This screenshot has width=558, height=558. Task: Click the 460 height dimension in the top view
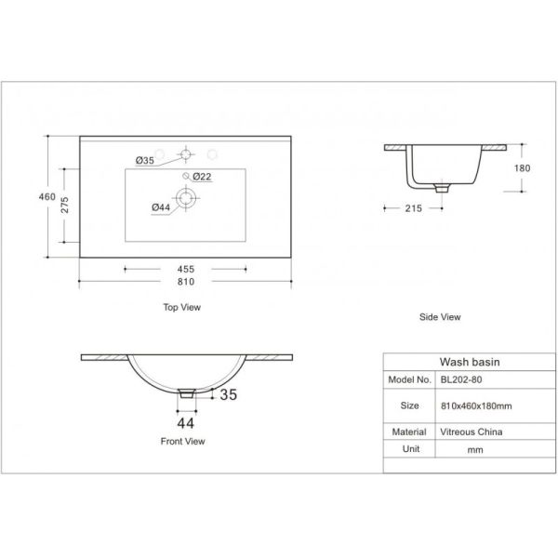point(47,197)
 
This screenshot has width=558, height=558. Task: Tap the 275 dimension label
point(64,205)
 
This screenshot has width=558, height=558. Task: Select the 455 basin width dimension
point(186,269)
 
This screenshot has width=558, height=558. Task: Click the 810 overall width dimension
point(186,282)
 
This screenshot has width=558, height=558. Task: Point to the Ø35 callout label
point(145,161)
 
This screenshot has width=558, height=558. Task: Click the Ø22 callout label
point(202,177)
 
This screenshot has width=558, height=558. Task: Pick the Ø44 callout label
point(161,207)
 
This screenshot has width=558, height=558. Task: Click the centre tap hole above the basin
point(185,154)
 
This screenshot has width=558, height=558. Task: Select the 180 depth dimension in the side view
point(522,168)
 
